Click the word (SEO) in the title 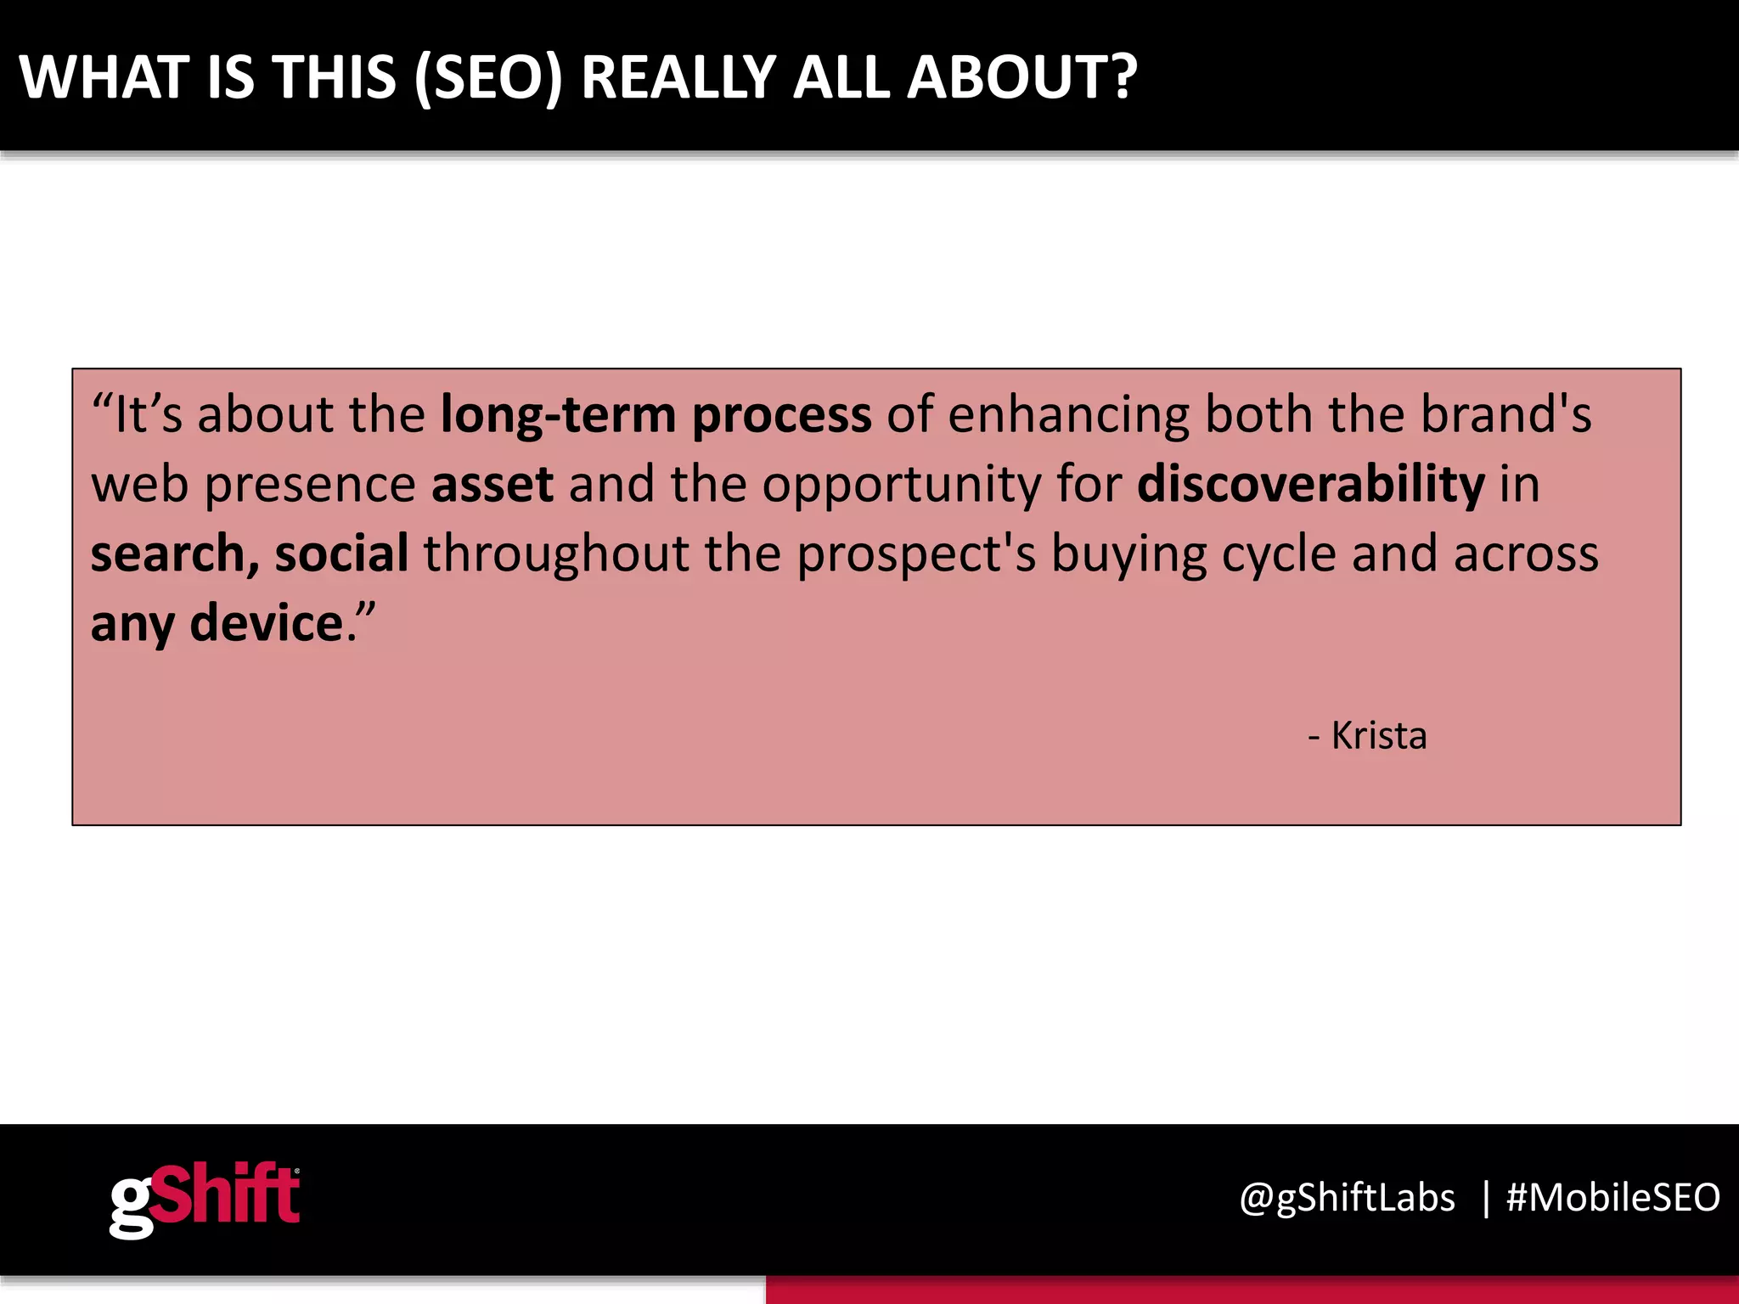pyautogui.click(x=488, y=78)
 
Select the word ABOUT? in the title pyautogui.click(x=1022, y=78)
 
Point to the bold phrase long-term pyautogui.click(x=558, y=416)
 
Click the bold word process pyautogui.click(x=782, y=416)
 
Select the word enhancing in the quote pyautogui.click(x=1069, y=416)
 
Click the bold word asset pyautogui.click(x=492, y=485)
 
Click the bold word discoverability pyautogui.click(x=1311, y=485)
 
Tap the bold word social pyautogui.click(x=341, y=554)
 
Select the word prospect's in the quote pyautogui.click(x=916, y=555)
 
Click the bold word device pyautogui.click(x=266, y=623)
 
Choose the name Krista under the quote pyautogui.click(x=1378, y=735)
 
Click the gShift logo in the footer pyautogui.click(x=205, y=1199)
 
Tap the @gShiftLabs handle pyautogui.click(x=1347, y=1198)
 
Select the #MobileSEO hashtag pyautogui.click(x=1612, y=1198)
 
